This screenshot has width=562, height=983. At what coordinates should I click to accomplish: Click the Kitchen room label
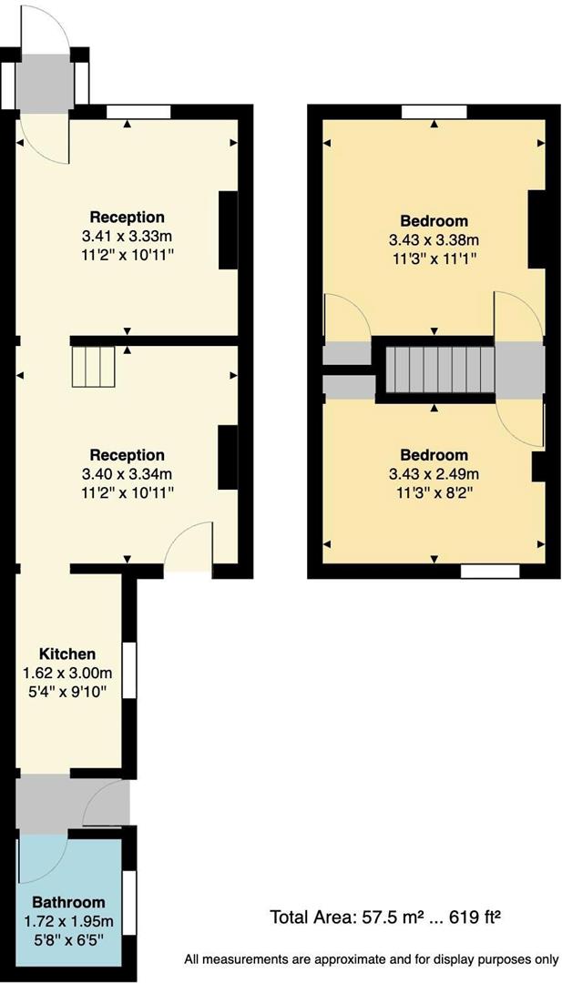(x=66, y=654)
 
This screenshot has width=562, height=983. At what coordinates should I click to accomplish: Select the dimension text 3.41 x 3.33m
(x=127, y=236)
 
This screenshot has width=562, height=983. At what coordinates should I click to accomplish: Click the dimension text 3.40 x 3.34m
(x=127, y=473)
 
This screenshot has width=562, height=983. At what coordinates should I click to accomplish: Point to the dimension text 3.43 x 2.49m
(x=434, y=473)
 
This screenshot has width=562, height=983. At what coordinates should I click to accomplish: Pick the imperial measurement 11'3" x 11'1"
(x=434, y=258)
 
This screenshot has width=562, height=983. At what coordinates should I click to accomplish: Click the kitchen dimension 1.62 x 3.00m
(x=66, y=674)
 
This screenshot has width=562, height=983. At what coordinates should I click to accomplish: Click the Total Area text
(x=385, y=917)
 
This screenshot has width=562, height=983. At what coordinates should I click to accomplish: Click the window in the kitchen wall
(x=129, y=670)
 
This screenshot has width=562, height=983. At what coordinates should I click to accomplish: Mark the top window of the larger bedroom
(x=434, y=112)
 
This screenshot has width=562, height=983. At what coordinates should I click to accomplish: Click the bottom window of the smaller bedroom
(x=490, y=571)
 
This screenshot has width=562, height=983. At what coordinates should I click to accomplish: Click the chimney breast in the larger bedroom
(x=536, y=229)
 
